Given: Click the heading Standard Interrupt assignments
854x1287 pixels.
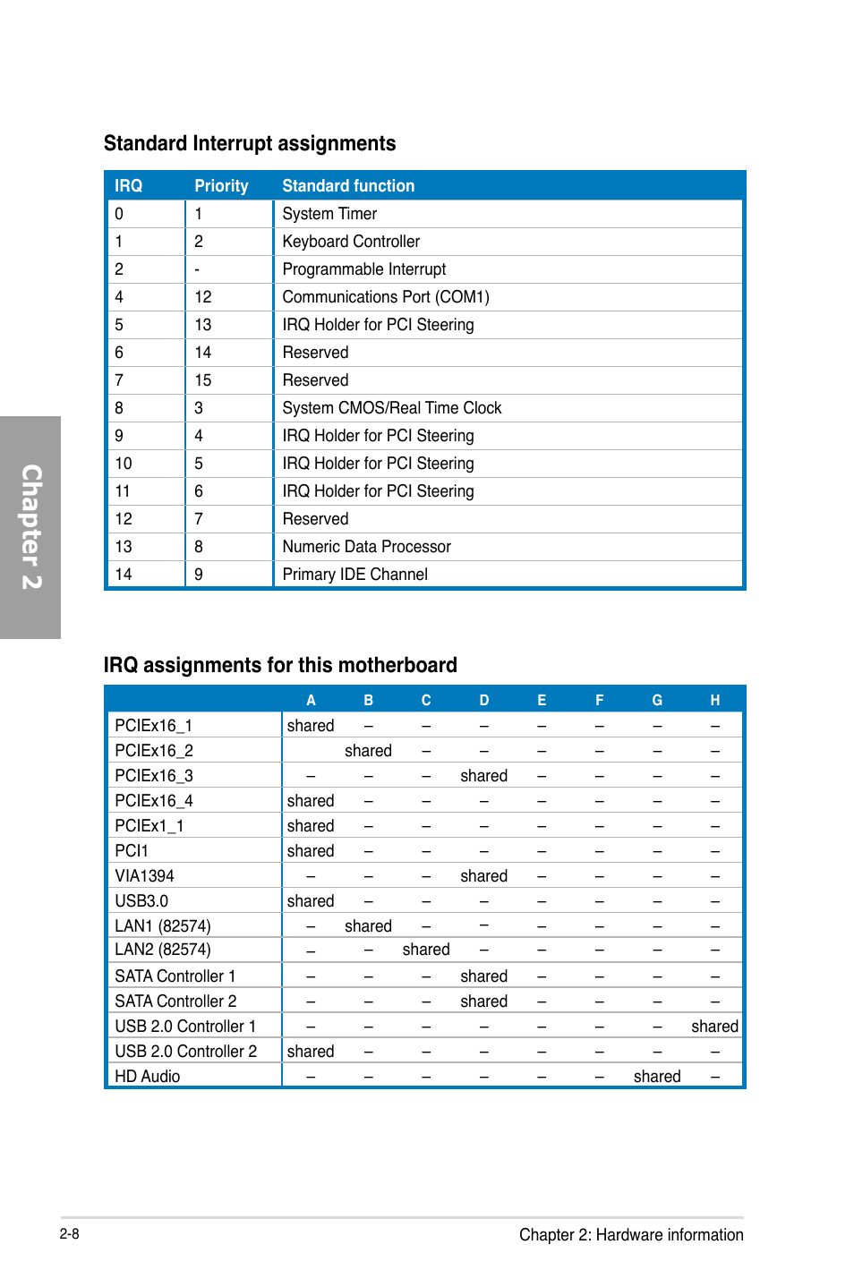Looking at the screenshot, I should point(249,143).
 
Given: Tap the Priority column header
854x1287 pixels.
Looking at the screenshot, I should point(221,186).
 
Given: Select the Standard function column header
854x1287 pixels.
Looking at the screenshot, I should point(348,186).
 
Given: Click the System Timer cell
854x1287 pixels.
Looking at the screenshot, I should point(329,214).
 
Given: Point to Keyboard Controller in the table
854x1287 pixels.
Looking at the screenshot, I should point(351,242).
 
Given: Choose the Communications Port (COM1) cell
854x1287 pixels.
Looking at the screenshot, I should point(386,297).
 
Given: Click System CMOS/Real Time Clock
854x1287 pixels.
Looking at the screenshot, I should point(392,408).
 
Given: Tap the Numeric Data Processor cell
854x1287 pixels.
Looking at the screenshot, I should point(366,547).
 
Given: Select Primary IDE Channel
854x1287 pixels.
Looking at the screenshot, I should point(354,575).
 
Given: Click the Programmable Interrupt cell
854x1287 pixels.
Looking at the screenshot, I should point(363,269).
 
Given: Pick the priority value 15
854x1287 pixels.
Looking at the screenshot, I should point(203,380).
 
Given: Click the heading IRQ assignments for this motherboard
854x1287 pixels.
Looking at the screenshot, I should point(280,665).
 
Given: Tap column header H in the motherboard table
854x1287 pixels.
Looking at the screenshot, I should point(714,700).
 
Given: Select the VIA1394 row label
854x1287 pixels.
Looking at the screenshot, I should point(144,876).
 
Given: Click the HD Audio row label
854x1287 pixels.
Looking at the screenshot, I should point(148,1077).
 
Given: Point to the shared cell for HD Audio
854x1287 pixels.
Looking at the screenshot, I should point(657,1077).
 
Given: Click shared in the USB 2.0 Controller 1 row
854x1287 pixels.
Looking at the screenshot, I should point(714,1027).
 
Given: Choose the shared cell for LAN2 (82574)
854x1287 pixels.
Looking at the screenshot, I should point(426,950).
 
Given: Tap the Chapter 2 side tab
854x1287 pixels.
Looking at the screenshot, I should point(30,527).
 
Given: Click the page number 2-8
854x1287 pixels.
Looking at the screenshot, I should point(70,1234).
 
